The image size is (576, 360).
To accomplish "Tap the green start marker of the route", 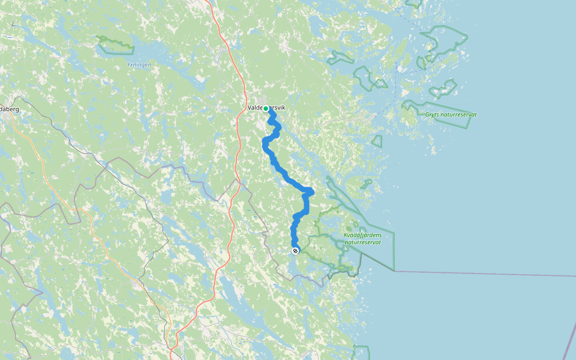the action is [266, 109].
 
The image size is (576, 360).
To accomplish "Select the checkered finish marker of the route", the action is [295, 251].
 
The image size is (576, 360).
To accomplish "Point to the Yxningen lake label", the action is [139, 64].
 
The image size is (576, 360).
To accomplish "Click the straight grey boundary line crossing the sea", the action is [480, 274].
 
